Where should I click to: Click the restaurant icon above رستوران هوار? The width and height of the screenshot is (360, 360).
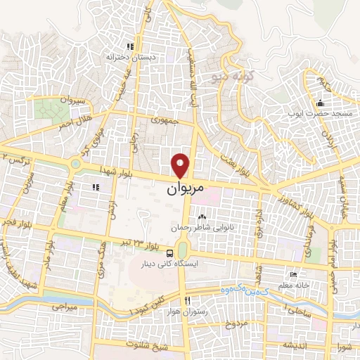pos(187,301)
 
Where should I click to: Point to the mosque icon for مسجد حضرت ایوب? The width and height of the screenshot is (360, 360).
pos(320,103)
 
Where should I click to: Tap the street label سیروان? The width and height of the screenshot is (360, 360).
pos(74,101)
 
